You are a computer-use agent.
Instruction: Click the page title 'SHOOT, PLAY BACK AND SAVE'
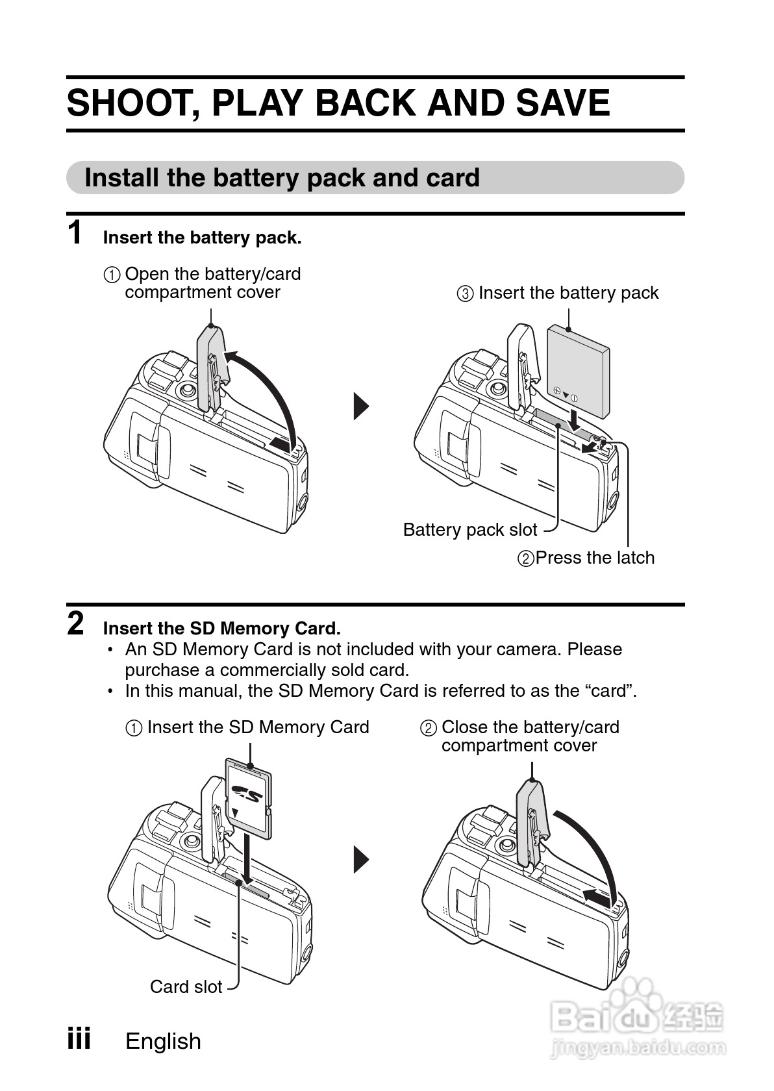(338, 103)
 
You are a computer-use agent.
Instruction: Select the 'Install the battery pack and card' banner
(282, 178)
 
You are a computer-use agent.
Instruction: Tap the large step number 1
(76, 232)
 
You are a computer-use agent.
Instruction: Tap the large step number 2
(76, 624)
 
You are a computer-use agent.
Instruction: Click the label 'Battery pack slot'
(469, 530)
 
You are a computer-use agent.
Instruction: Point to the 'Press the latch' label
(594, 558)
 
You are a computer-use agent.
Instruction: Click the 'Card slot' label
(186, 987)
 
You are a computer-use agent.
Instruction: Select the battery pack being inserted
(577, 371)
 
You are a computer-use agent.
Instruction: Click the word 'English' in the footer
(163, 1042)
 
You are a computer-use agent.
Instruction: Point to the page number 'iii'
(79, 1039)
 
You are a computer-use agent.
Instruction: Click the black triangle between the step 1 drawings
(361, 407)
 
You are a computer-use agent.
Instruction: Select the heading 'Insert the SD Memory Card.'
(221, 629)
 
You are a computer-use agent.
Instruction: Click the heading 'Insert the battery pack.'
(202, 238)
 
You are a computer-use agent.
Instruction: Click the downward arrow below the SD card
(247, 857)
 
